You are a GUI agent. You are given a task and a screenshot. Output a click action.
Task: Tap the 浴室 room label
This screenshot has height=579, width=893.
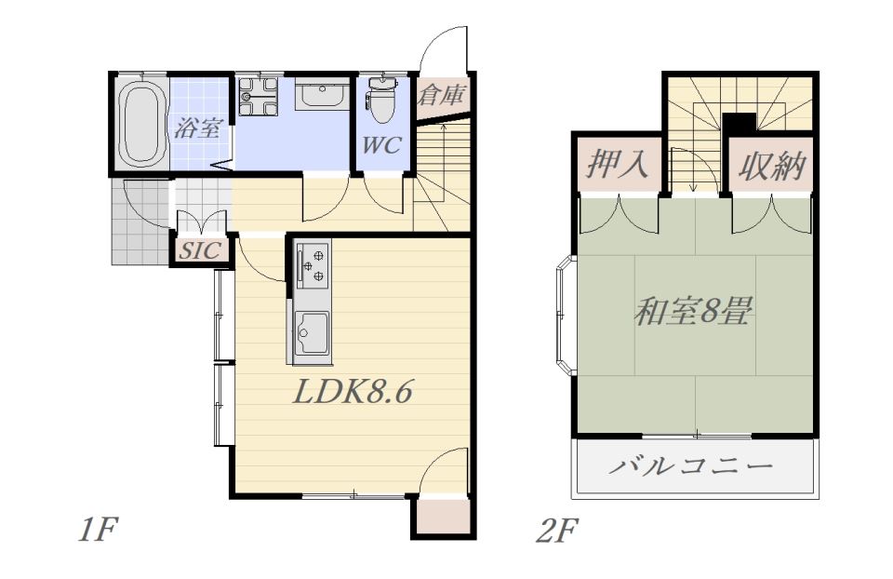197,128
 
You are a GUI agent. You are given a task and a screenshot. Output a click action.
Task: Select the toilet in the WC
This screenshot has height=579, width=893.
381,101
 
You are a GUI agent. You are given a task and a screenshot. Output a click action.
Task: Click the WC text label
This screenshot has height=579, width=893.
381,145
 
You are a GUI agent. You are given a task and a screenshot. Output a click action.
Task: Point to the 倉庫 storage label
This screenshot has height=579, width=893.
441,95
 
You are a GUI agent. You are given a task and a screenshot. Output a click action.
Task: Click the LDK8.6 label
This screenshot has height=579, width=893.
352,392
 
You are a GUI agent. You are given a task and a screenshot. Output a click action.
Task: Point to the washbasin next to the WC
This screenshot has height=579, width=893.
323,93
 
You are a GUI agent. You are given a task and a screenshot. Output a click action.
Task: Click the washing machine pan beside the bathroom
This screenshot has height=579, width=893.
258,96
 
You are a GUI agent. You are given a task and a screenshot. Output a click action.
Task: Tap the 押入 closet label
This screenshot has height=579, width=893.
618,164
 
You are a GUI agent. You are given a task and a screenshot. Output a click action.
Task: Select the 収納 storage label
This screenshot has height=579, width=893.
772,167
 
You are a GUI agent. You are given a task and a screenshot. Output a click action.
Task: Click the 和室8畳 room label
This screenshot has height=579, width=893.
694,311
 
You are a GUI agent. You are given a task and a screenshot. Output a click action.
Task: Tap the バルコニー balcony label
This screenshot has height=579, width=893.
692,467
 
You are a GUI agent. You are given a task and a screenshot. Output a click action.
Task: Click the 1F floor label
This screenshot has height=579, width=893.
98,532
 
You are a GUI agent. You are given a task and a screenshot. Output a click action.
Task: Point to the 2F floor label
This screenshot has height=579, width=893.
556,532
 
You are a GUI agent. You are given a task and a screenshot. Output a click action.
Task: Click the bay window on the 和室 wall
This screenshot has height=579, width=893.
566,316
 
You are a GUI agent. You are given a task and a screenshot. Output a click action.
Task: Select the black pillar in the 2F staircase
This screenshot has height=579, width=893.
739,123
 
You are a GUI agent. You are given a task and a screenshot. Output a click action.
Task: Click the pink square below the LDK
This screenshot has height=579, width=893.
444,518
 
